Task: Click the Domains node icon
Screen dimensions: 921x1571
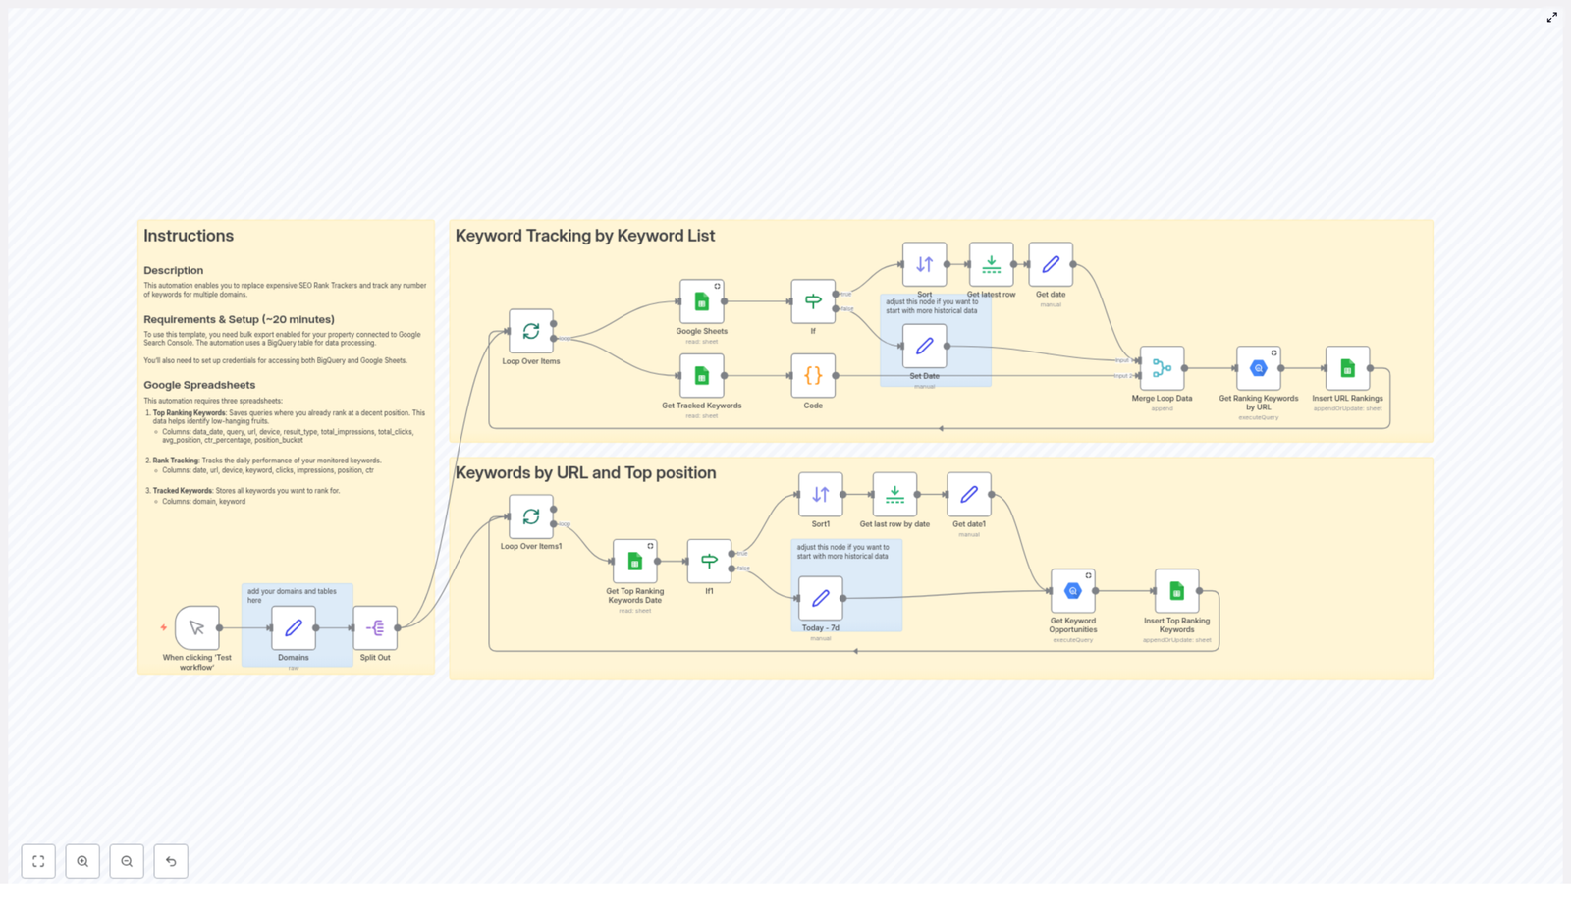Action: (293, 627)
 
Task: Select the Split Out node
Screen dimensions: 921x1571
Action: (375, 627)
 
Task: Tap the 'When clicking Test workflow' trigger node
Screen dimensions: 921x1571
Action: (197, 627)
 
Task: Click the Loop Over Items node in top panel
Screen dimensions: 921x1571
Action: (531, 331)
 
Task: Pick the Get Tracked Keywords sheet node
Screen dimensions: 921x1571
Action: (701, 375)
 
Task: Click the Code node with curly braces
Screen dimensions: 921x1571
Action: (813, 375)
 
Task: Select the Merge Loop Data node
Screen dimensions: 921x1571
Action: (1162, 368)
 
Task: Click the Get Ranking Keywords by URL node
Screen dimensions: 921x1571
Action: (1258, 368)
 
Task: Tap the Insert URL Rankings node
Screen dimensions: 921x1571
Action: (1347, 368)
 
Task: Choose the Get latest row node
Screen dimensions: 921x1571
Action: (991, 264)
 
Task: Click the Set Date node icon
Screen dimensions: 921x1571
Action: (924, 346)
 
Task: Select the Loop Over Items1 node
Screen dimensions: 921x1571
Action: (531, 516)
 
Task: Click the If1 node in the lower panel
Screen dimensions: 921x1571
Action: (709, 561)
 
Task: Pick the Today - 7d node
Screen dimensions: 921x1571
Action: (820, 598)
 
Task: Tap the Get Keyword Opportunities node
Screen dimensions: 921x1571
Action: (1072, 590)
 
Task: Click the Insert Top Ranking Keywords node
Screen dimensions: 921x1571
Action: (1176, 590)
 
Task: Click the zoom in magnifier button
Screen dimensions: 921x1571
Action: (82, 861)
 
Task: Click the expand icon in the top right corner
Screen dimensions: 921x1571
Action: (1551, 18)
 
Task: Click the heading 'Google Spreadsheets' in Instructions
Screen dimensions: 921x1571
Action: (199, 385)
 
